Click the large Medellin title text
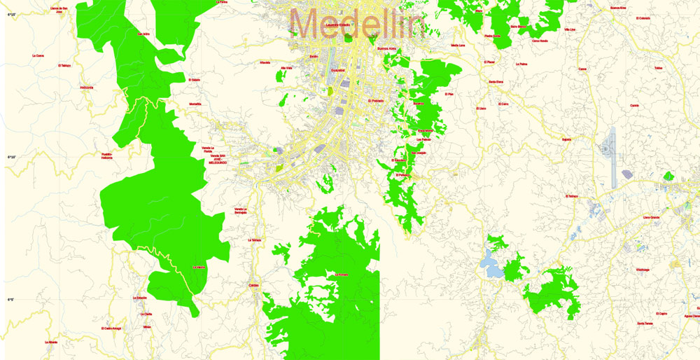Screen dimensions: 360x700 click(357, 25)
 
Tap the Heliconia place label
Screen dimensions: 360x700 click(87, 88)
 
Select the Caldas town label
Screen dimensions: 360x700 click(254, 285)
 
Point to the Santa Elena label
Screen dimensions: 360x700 click(496, 82)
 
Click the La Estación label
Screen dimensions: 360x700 click(139, 298)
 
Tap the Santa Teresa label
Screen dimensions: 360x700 click(645, 324)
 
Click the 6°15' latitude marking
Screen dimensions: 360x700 click(11, 14)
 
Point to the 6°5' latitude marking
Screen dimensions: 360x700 click(10, 300)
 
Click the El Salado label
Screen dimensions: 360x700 click(194, 80)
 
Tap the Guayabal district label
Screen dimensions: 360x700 click(338, 71)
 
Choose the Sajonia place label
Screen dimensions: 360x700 click(566, 139)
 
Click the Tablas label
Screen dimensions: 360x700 click(657, 69)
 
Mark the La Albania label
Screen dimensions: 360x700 click(50, 342)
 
